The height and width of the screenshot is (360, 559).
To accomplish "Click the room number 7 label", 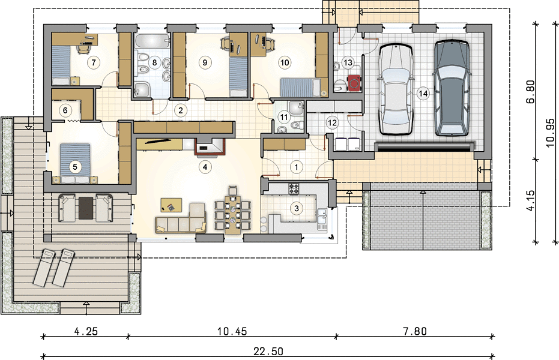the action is (94, 62).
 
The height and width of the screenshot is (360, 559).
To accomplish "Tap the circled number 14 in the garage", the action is (423, 94).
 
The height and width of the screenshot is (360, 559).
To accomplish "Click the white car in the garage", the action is (395, 89).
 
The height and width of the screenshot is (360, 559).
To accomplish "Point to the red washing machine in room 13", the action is (354, 83).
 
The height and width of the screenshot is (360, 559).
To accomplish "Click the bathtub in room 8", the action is (153, 41).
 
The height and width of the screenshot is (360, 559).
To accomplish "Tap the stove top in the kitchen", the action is (294, 189).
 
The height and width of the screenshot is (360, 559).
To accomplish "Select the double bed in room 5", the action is (75, 163).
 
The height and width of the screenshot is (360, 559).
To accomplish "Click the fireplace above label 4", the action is (210, 148).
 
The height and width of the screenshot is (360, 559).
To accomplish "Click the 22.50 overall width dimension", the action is (268, 352).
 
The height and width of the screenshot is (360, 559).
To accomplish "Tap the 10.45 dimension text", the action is (232, 332).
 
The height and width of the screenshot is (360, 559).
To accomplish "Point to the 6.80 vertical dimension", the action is (531, 92).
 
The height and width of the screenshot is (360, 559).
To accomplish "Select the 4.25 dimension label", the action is (86, 332).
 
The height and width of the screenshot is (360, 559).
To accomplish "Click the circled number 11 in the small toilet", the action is (284, 117).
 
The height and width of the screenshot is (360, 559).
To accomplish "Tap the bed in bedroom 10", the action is (303, 88).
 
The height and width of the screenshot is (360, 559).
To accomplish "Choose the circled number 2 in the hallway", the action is (181, 110).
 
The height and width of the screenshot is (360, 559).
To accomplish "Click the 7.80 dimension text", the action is (415, 332).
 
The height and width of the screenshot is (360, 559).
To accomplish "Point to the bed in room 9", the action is (238, 77).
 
